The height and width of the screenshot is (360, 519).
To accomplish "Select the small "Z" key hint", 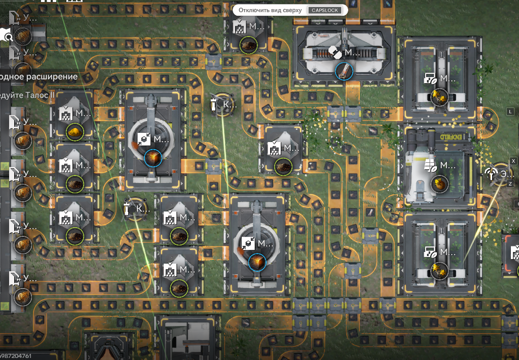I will coord(510,184).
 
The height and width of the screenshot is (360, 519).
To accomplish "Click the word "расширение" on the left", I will coord(54,77).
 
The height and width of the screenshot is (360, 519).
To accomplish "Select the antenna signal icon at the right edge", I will coord(490,173).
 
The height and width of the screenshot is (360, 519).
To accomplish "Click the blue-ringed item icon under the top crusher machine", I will coord(344,70).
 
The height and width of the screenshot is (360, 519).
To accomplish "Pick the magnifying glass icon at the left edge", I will coord(6,36).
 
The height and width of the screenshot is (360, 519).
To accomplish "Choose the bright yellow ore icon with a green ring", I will coord(75,132).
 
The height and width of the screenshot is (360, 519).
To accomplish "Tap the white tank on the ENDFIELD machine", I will coord(420,167).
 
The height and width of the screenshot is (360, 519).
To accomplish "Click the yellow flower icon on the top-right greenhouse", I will coord(439,96).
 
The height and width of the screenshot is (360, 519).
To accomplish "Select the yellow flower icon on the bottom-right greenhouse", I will coord(439,269).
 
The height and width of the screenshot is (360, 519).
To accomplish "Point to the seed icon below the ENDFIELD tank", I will coord(439,184).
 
